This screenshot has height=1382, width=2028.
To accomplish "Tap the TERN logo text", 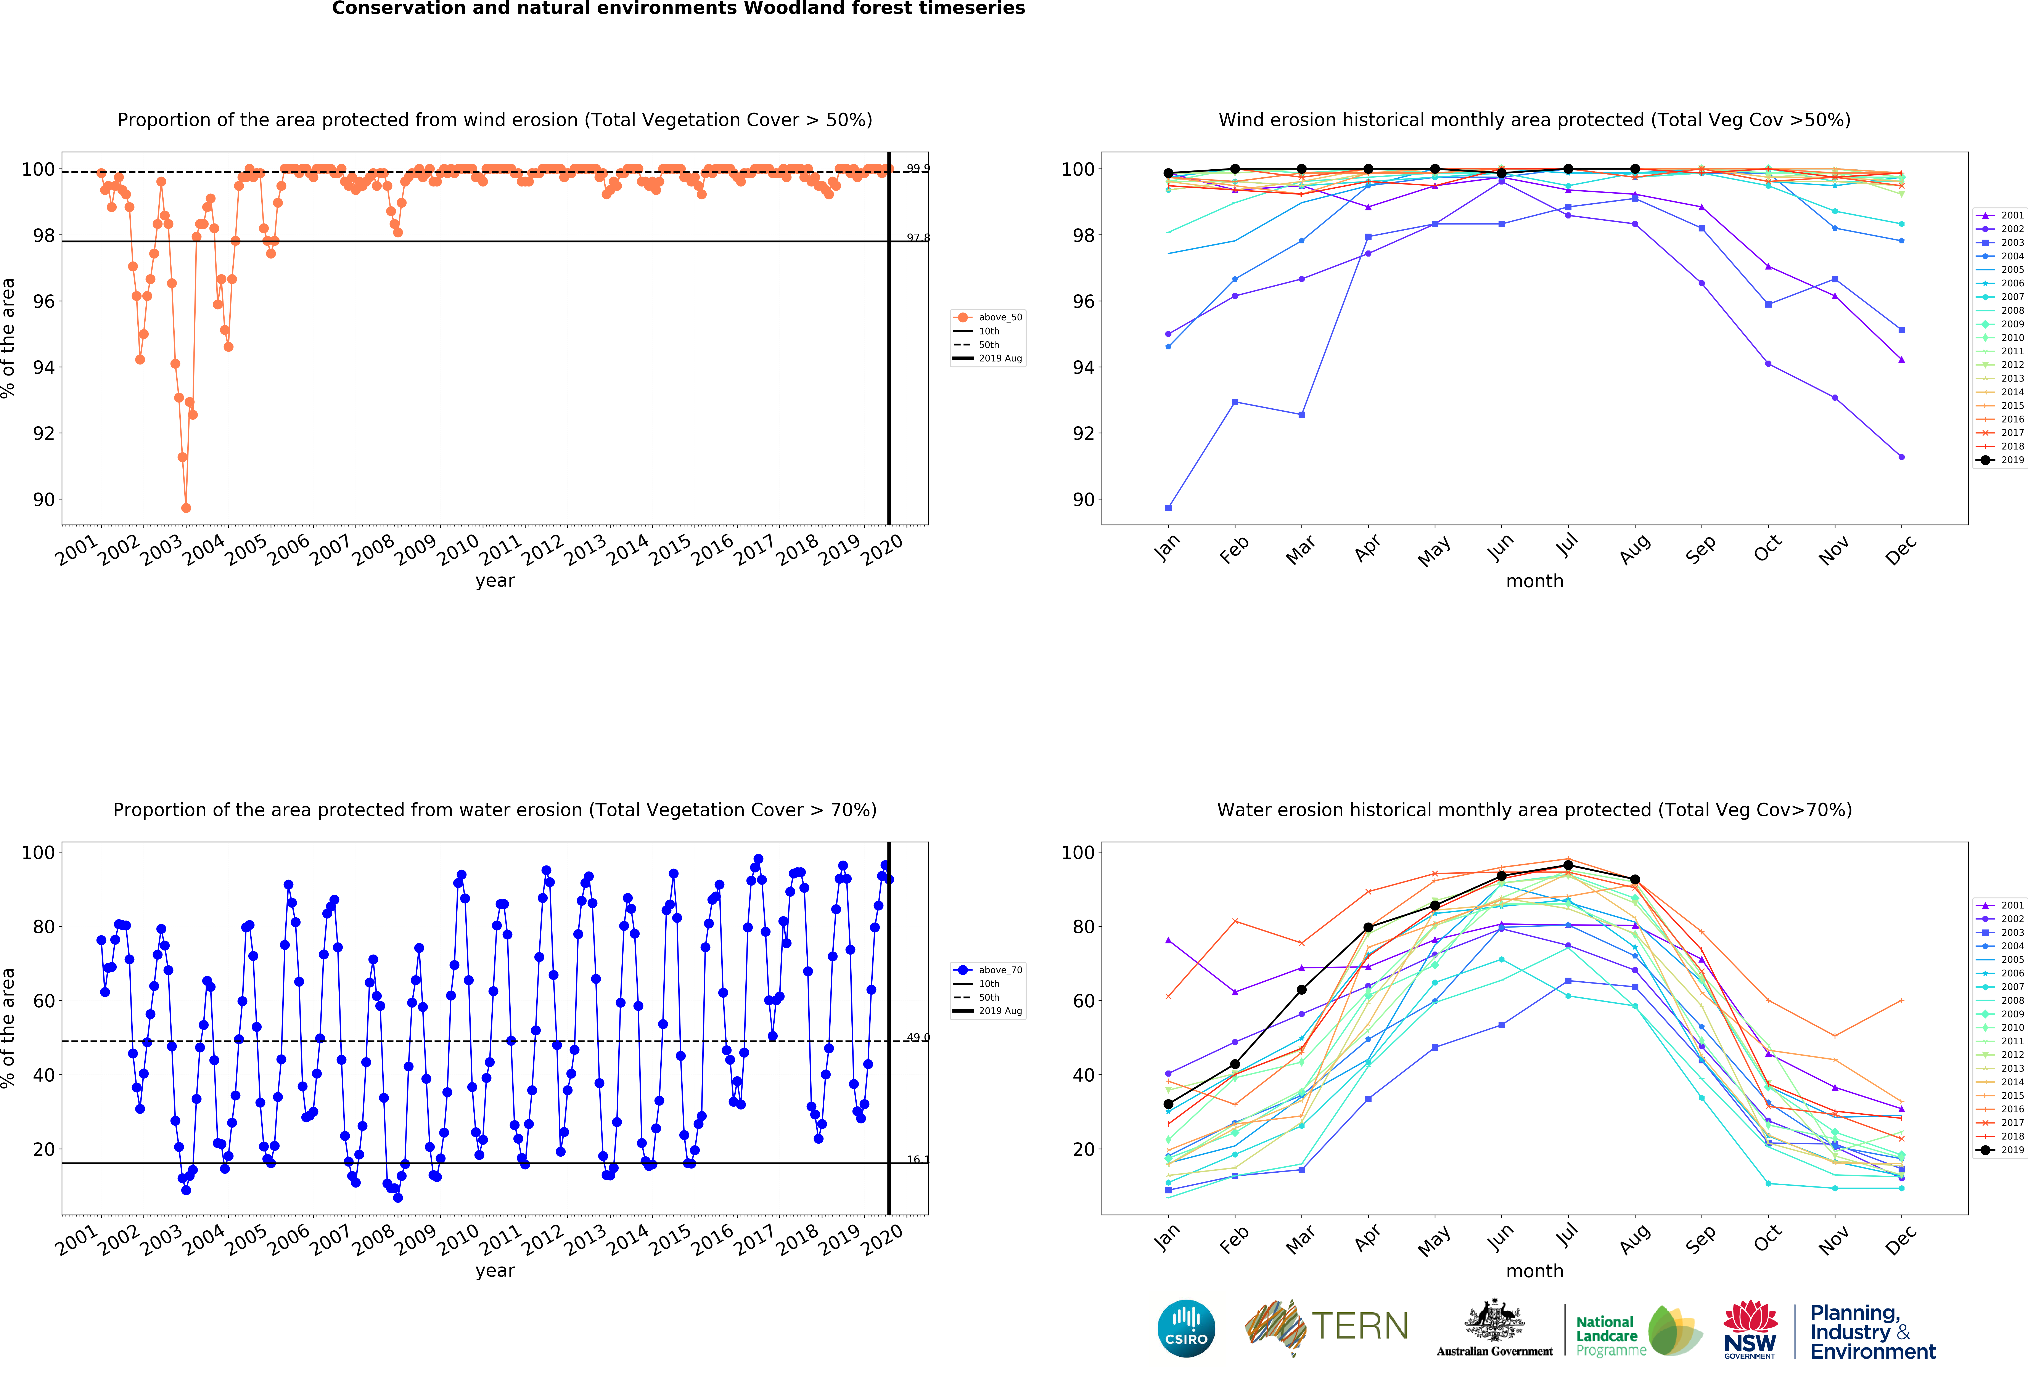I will point(1360,1326).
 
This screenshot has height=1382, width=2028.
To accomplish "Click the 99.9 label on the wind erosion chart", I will point(917,168).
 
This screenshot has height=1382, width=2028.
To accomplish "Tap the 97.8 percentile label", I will point(917,237).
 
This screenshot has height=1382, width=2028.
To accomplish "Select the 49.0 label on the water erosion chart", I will point(917,1037).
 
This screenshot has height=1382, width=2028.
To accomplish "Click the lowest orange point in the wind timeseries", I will point(186,508).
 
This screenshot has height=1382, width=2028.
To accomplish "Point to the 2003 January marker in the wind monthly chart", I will point(1168,508).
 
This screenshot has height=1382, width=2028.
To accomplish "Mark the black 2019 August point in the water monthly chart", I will point(1634,880).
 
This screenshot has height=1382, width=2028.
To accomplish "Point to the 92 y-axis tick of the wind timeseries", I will point(44,434).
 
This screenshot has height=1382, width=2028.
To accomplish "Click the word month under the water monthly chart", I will point(1534,1271).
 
